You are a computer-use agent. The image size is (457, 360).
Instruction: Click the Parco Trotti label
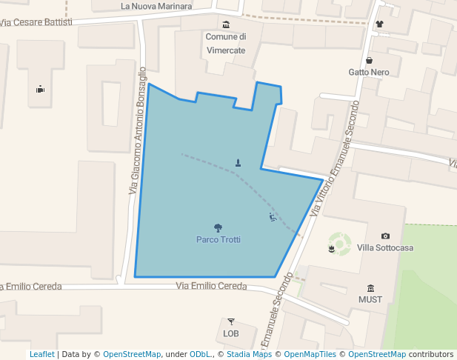tap(219, 239)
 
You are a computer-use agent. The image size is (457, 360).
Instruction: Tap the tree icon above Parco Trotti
tap(219, 227)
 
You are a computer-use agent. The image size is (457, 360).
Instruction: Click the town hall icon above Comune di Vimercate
tap(226, 25)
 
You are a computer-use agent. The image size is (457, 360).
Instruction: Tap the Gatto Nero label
tap(369, 73)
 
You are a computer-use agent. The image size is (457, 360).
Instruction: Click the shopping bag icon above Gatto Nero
tap(369, 60)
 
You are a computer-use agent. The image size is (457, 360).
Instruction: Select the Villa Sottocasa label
tap(385, 247)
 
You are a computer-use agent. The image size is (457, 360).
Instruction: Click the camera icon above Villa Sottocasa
tap(385, 236)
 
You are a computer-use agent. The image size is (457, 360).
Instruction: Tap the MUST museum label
tap(370, 300)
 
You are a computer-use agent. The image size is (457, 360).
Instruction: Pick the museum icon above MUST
tap(370, 288)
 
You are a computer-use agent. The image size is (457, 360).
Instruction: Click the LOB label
tap(231, 333)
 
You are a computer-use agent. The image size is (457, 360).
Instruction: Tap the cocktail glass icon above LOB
tap(231, 321)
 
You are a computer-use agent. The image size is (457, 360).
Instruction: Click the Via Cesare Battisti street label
tap(36, 22)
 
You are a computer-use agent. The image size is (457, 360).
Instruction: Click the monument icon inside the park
tap(238, 162)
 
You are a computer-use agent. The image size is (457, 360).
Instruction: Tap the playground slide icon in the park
tap(273, 217)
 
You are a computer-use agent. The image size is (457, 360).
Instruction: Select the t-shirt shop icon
tap(380, 24)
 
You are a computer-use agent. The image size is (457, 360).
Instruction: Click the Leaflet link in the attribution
tap(41, 354)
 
